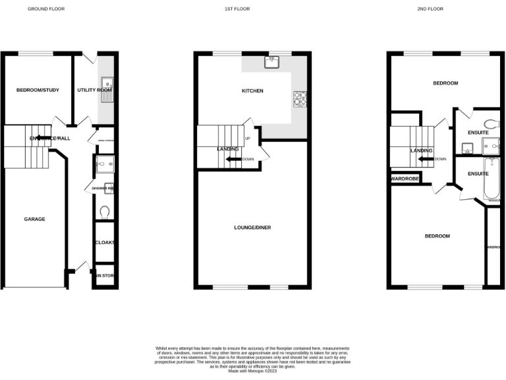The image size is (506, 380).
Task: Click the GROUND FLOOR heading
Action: coord(46,9)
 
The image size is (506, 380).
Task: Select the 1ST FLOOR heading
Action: coord(241,9)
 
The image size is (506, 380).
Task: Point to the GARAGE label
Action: coord(34,219)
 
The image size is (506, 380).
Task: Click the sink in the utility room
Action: coord(107,86)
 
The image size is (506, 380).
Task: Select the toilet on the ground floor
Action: coord(105,212)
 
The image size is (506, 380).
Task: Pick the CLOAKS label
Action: coord(105,242)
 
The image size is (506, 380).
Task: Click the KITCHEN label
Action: coord(252,90)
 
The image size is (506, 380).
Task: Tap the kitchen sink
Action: coord(271,63)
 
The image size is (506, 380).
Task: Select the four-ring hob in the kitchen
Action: coord(300,98)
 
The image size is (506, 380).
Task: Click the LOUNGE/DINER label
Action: coord(252,228)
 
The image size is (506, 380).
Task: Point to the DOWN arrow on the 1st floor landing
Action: coord(233,159)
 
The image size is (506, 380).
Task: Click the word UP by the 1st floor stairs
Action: coord(248,139)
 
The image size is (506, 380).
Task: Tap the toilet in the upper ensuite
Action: coord(490,123)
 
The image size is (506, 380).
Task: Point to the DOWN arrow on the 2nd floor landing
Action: coord(425,158)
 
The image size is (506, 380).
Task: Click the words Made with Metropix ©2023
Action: coord(252,371)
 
